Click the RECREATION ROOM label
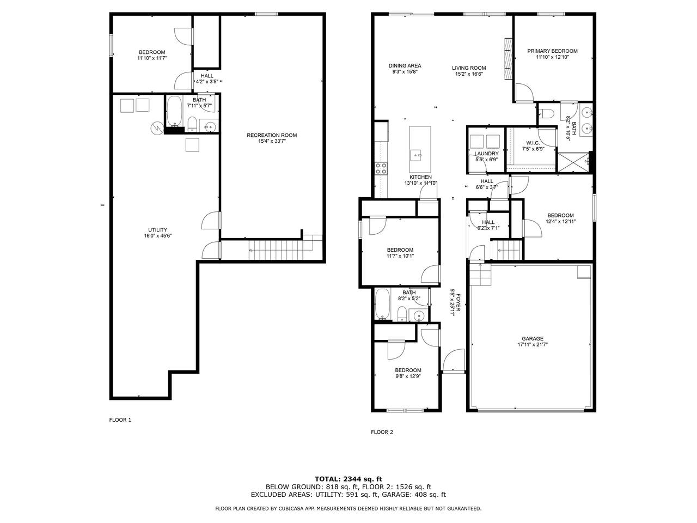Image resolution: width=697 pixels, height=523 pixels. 272,135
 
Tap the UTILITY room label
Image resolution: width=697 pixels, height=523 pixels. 157,230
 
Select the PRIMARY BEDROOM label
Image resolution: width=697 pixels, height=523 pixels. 552,51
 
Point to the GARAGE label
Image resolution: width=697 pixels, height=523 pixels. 533,338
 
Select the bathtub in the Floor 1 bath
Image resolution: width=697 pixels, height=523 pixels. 174,111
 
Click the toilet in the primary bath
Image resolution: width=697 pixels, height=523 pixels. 547,113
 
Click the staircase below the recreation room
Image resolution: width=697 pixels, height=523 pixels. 276,250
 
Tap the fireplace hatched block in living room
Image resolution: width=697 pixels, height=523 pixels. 509,58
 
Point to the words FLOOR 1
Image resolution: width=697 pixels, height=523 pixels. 120,420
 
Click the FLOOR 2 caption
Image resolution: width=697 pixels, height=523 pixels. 382,432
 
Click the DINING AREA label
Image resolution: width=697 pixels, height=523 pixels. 405,66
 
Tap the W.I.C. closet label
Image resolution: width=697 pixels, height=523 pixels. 533,143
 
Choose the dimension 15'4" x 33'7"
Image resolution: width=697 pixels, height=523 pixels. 272,141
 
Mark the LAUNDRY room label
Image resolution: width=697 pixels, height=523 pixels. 486,154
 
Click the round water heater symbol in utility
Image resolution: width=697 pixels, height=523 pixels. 157,127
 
